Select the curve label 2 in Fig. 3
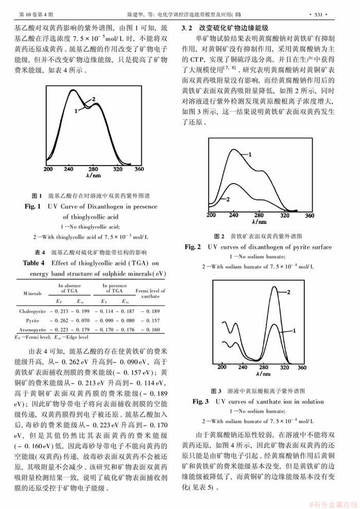click(289, 292)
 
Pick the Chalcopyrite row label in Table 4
click(35, 311)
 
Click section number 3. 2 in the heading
click(188, 26)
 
